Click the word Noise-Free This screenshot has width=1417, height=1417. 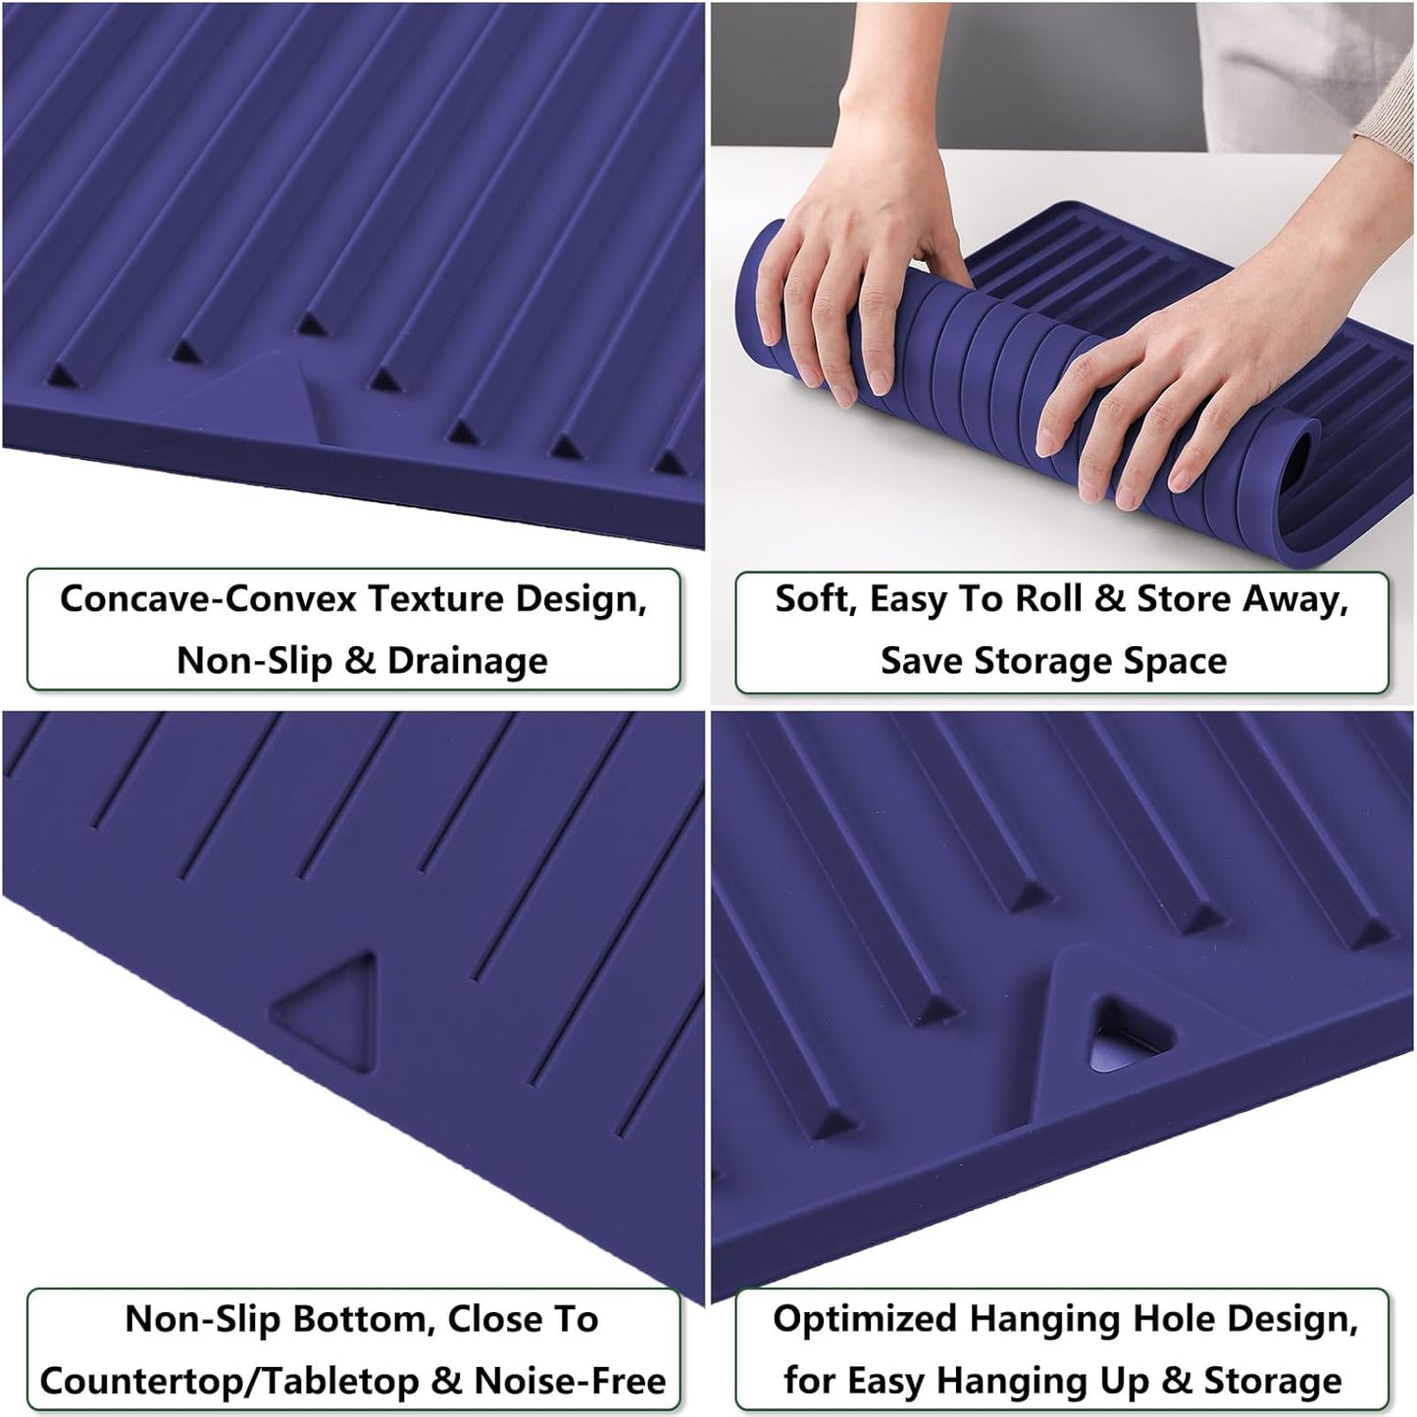click(x=570, y=1381)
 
